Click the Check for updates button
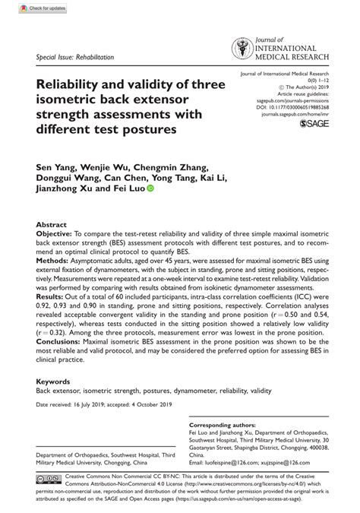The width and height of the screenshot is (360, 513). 30,8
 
